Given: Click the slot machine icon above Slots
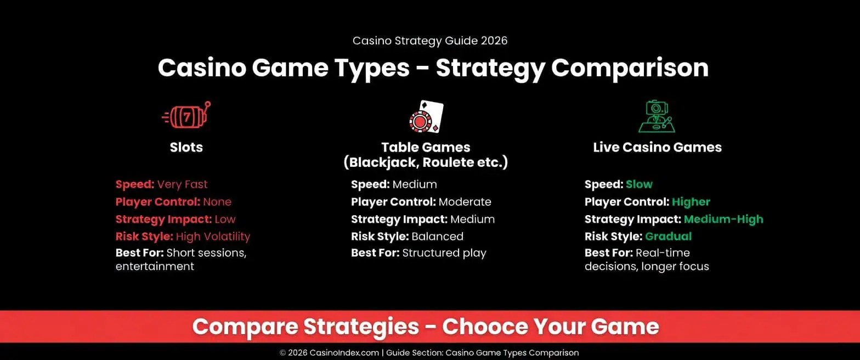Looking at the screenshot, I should (186, 116).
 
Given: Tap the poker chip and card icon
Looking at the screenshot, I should (426, 116).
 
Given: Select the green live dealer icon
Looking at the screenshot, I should (657, 116).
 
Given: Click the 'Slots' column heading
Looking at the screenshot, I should (186, 147).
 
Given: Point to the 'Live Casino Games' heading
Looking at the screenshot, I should (657, 147).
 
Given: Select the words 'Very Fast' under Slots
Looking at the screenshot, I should (182, 184).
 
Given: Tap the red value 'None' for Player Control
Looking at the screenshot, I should (217, 202).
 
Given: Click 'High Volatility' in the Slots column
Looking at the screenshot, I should (213, 237).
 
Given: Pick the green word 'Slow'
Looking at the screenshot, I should (639, 184).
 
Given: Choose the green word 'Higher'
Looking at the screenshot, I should (691, 202).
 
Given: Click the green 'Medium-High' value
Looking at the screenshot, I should (723, 219).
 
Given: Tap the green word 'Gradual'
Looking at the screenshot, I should (668, 237).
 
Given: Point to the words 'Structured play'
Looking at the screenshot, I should (444, 254).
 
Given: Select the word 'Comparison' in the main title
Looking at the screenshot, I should (630, 68).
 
